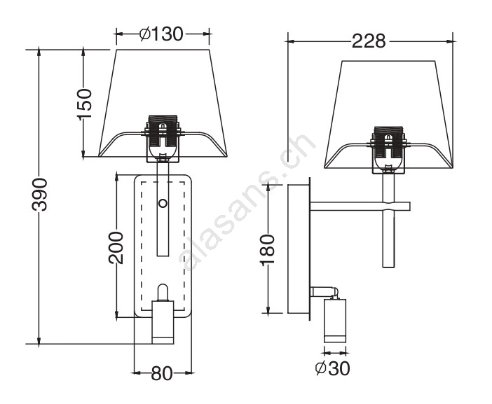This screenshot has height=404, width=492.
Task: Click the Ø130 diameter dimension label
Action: (161, 34)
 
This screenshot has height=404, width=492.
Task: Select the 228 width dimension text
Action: (369, 41)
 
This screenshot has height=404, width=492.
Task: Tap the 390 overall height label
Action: (40, 195)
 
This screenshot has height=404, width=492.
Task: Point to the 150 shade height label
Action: (84, 104)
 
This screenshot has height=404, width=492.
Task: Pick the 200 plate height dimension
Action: (116, 248)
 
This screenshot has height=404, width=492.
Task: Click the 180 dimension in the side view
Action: (268, 250)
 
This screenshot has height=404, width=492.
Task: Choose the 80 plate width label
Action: (162, 373)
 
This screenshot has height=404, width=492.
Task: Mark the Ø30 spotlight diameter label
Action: (332, 368)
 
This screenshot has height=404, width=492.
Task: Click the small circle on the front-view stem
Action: (163, 204)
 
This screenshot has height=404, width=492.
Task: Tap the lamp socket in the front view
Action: (162, 138)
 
